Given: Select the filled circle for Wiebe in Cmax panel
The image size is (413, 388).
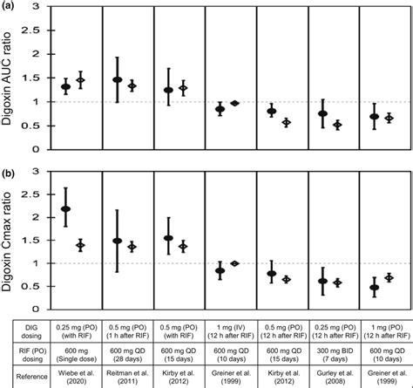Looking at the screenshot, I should coord(65,209).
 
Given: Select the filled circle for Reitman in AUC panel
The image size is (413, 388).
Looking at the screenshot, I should coord(117,79).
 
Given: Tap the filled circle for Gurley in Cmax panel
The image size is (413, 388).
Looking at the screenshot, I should coord(322,281).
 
